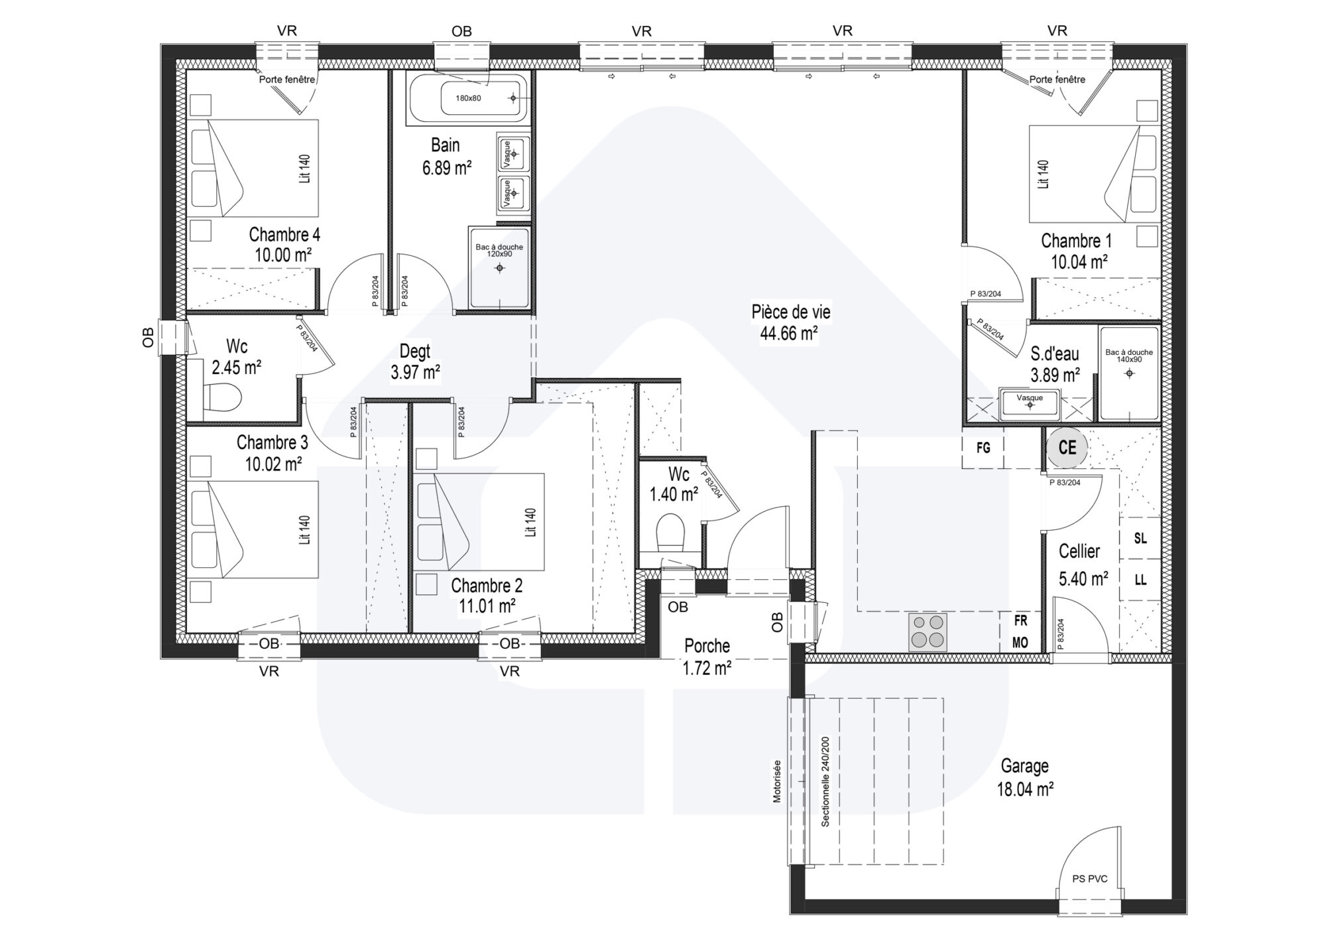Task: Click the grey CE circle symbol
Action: (1067, 448)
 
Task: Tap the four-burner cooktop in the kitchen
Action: (927, 632)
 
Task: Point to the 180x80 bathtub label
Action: (468, 98)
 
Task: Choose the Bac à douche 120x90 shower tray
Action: (499, 267)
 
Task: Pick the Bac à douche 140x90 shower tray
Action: (1128, 373)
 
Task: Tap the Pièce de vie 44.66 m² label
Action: (790, 322)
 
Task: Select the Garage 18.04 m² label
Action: (1025, 777)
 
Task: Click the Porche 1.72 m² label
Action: (707, 657)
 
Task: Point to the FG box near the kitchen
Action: (983, 448)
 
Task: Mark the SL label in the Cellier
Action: (1140, 539)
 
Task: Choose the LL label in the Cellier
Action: (1140, 580)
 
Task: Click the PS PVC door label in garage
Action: (1089, 879)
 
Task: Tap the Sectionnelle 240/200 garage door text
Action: (825, 781)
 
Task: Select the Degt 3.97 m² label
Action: (415, 362)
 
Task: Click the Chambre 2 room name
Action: (487, 586)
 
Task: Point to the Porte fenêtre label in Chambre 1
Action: (1057, 80)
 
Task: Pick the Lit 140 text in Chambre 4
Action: (304, 169)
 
